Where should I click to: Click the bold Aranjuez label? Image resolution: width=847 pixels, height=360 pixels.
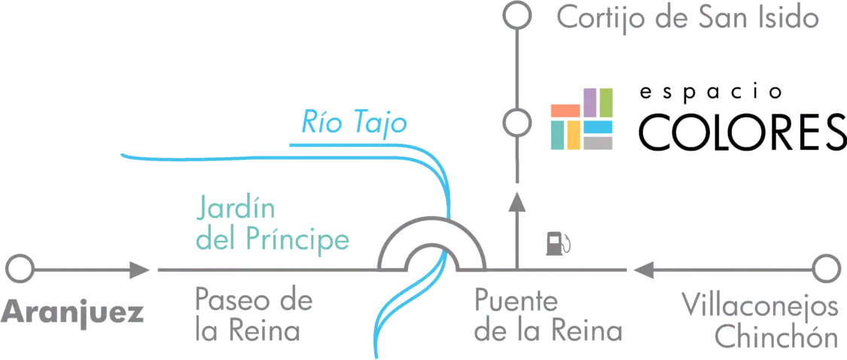click(x=72, y=313)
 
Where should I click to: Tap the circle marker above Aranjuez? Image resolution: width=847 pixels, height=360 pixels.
click(x=20, y=269)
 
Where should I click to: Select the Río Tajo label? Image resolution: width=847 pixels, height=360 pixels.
click(x=354, y=122)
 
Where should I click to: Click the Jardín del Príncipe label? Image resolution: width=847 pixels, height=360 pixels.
click(x=273, y=225)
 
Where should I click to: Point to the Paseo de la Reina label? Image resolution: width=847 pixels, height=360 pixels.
click(x=254, y=315)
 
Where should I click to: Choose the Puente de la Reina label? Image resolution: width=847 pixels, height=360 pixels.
click(x=548, y=315)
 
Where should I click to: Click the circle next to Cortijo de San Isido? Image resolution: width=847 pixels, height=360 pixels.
click(x=517, y=16)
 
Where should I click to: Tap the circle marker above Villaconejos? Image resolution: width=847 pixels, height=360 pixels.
click(x=827, y=269)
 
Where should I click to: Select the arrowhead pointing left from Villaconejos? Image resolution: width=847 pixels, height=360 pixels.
click(x=645, y=269)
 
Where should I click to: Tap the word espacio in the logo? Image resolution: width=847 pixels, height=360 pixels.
click(x=711, y=93)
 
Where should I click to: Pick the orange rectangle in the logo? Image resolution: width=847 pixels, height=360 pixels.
click(x=565, y=111)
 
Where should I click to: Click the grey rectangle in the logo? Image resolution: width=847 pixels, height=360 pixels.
click(x=598, y=142)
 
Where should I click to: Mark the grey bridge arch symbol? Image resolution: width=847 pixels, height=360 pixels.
click(x=432, y=221)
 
